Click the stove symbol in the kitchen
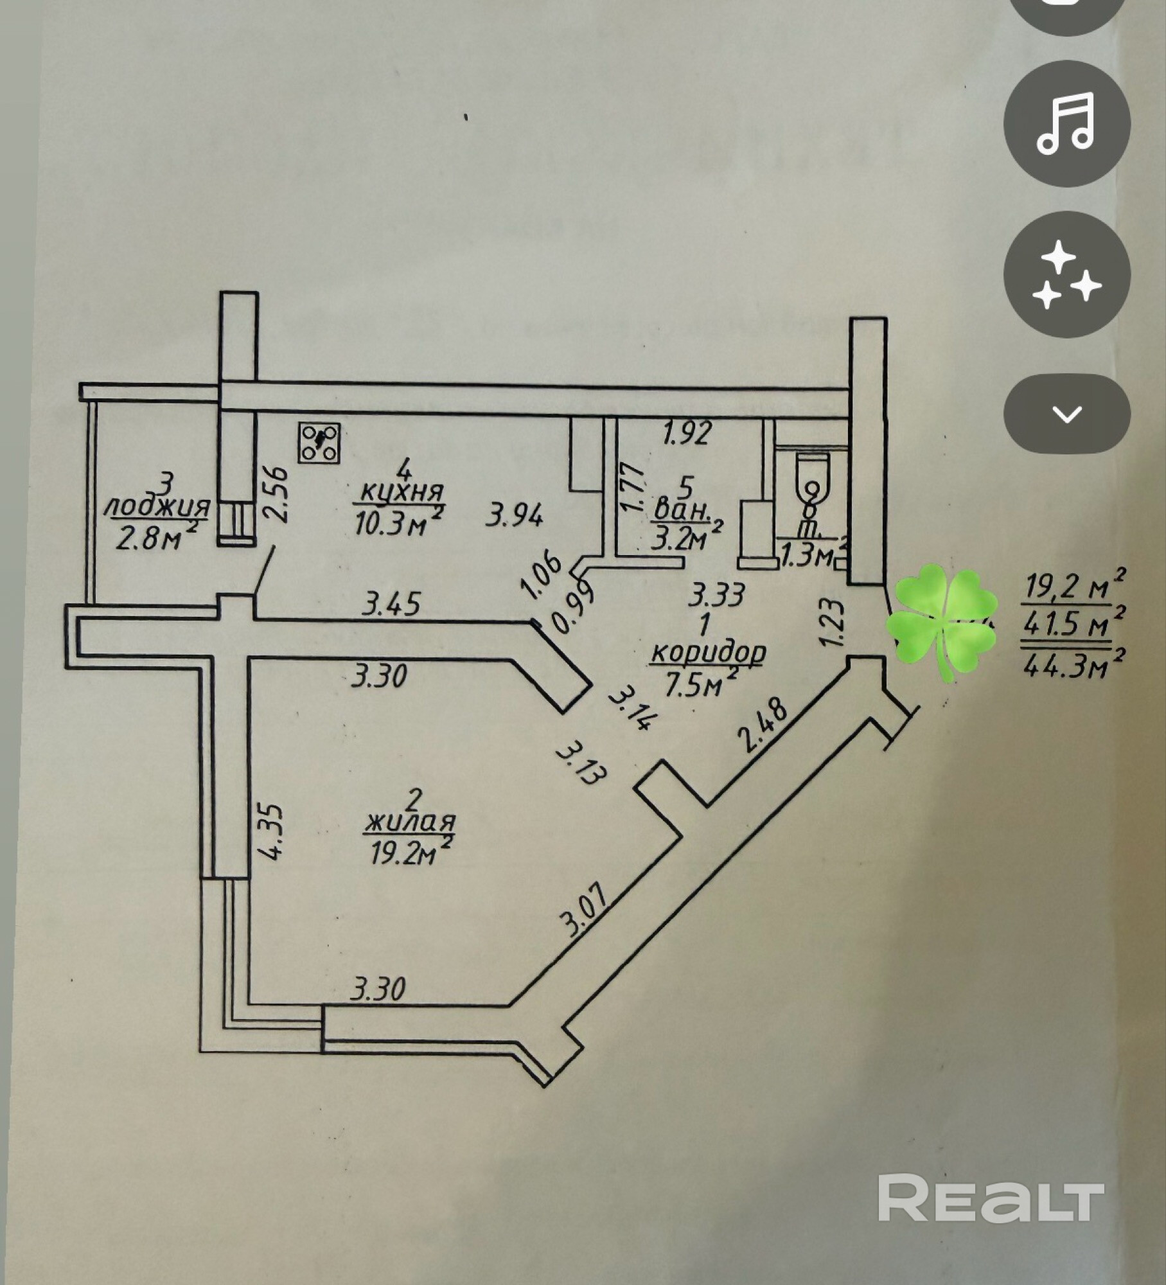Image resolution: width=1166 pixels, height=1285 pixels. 319,442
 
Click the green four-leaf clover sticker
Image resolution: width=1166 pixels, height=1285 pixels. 943,619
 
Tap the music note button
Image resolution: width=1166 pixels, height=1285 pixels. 1066,123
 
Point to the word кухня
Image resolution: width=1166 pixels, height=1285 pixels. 402,493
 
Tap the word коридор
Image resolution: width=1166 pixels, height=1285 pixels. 708,653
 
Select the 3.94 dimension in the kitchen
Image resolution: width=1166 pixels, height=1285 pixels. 515,515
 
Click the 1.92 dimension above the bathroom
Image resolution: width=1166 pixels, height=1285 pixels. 687,434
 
